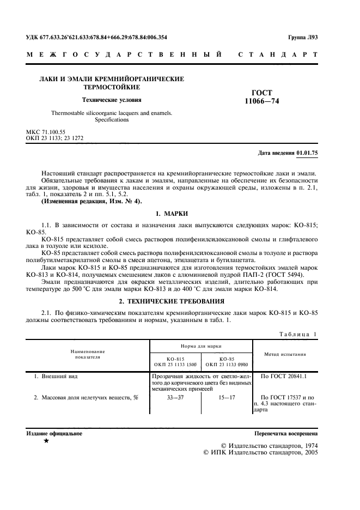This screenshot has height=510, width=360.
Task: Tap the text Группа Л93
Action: (x=303, y=38)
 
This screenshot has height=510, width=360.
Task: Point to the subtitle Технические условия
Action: (x=111, y=100)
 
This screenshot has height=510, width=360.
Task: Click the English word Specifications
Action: (x=111, y=119)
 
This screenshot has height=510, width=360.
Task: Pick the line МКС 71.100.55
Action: (x=46, y=132)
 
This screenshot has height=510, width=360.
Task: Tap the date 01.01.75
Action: (x=307, y=153)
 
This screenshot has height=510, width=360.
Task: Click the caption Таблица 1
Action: (x=298, y=333)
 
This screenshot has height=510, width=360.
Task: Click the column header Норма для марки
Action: (x=201, y=346)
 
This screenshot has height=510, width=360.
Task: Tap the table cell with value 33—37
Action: (x=175, y=397)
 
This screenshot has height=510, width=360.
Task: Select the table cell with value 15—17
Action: (x=226, y=397)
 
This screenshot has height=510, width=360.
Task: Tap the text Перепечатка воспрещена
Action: (x=286, y=434)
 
